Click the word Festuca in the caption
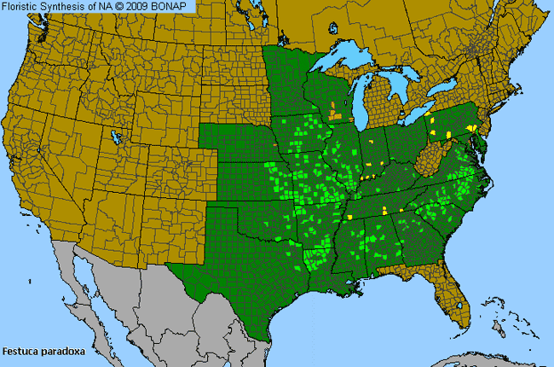click(20, 351)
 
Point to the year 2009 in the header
click(142, 6)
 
